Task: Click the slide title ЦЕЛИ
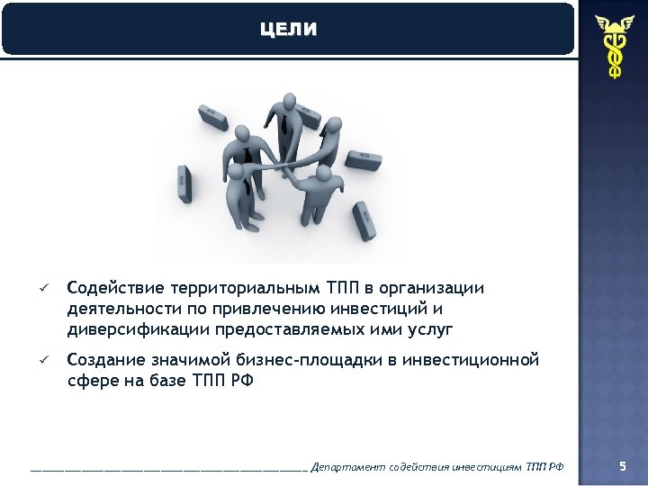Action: click(x=288, y=30)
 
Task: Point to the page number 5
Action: click(x=622, y=465)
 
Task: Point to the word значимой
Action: click(x=184, y=360)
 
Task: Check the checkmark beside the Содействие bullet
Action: click(x=41, y=288)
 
